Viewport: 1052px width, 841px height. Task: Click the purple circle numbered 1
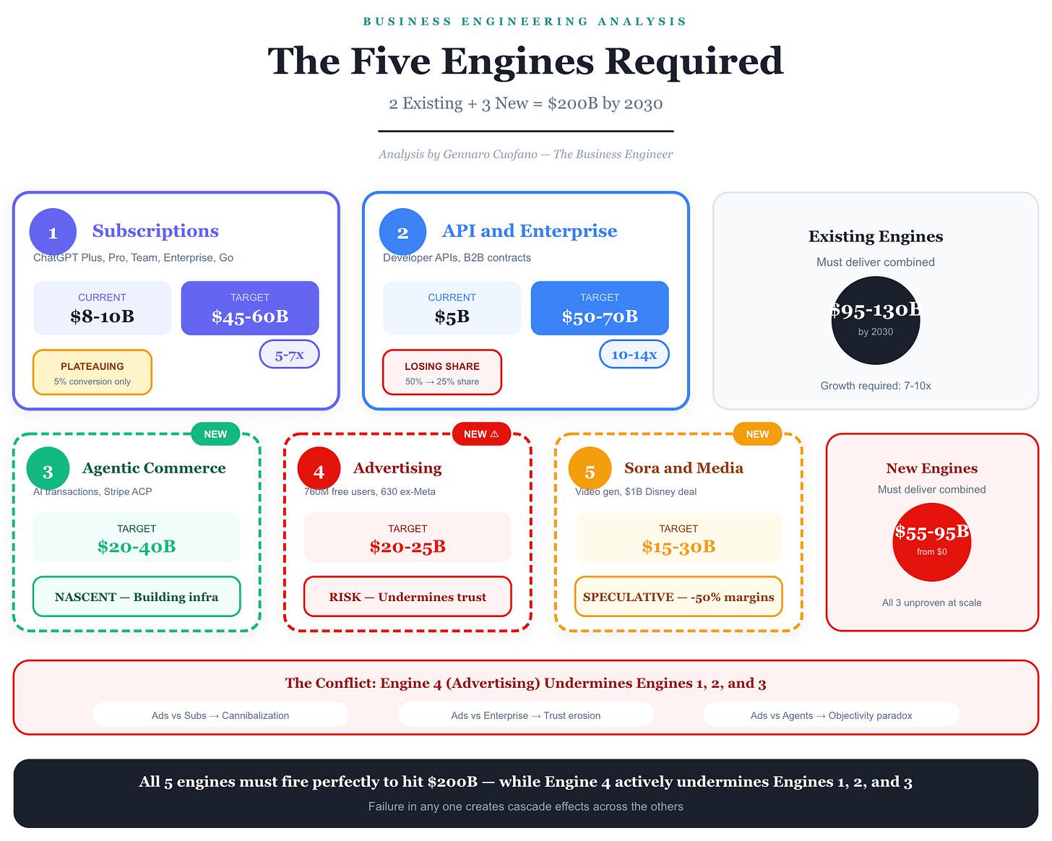[x=53, y=232]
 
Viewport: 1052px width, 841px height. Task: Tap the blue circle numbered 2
[x=403, y=232]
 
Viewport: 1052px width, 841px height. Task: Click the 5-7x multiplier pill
[x=290, y=354]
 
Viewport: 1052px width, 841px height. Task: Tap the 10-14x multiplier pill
[x=634, y=354]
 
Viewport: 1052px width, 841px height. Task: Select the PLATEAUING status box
[x=92, y=372]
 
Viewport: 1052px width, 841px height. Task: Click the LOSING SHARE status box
[x=442, y=372]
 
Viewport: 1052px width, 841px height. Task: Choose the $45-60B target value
[x=250, y=316]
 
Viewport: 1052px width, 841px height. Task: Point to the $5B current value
[x=452, y=316]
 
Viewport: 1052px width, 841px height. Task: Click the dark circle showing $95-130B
[x=876, y=320]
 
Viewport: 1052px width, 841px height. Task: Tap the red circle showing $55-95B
[x=932, y=543]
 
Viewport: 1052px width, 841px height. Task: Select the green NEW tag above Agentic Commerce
[x=215, y=434]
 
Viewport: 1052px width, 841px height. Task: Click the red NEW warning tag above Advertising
[x=481, y=434]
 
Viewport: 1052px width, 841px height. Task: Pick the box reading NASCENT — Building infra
[x=137, y=597]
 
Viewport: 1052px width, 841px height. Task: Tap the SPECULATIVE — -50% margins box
[x=678, y=597]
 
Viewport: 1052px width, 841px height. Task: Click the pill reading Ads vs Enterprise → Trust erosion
[x=525, y=715]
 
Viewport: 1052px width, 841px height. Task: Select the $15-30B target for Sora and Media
[x=678, y=546]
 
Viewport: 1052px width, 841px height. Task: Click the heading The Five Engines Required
[x=525, y=61]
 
